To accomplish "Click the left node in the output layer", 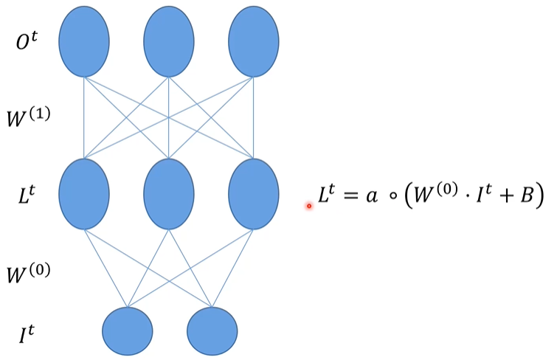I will click(x=84, y=41).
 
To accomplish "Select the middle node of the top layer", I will click(x=169, y=41).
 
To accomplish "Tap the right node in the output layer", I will click(x=254, y=41).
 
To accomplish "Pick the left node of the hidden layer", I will click(x=84, y=194).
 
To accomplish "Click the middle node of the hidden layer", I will click(x=169, y=194).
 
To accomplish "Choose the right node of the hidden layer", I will click(x=254, y=194).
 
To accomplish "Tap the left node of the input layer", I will click(x=128, y=330).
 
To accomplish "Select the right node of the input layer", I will click(x=212, y=330).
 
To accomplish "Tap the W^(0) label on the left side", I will click(x=28, y=274).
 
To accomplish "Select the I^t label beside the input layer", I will click(x=27, y=336).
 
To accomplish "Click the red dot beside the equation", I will click(x=310, y=206).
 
